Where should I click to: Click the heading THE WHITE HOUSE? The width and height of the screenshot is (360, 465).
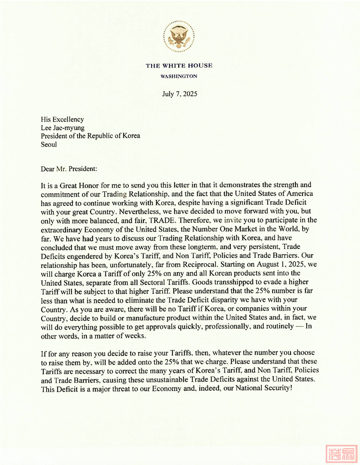(179, 66)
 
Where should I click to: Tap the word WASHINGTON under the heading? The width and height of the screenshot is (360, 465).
(179, 76)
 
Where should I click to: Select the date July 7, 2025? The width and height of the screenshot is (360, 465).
(179, 94)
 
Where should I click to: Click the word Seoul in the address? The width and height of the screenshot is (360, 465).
(49, 144)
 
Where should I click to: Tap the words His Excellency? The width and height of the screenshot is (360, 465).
(62, 119)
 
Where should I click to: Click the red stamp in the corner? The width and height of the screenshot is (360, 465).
(341, 454)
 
